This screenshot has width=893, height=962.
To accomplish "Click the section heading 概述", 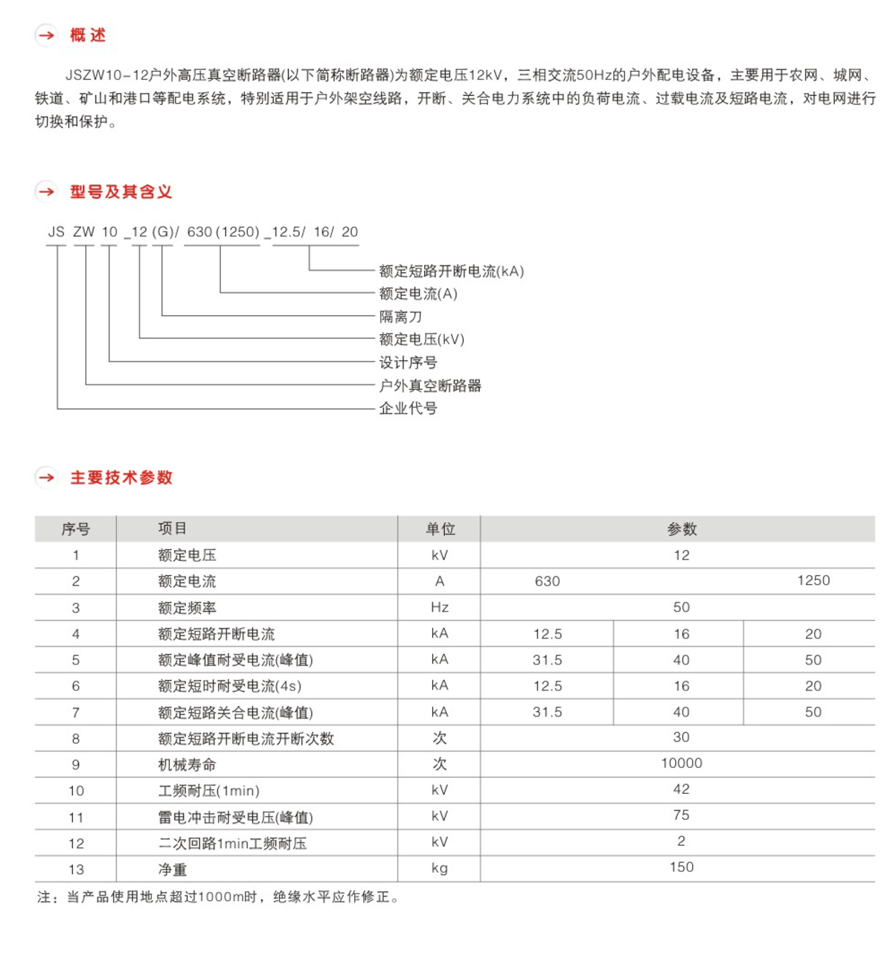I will coord(88,35).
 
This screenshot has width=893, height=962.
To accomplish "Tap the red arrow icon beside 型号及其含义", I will coord(46,192).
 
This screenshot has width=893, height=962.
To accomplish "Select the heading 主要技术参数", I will coord(121,478).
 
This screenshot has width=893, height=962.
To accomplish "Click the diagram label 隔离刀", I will coord(400,317).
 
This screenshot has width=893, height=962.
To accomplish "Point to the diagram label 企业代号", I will coord(408,408).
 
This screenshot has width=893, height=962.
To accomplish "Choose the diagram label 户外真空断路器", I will coord(430,385).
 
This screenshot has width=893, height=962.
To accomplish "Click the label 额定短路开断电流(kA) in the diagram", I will coord(451,272).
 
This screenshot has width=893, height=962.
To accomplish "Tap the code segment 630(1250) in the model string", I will coord(223,232).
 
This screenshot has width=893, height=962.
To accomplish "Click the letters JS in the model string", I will coord(57,232).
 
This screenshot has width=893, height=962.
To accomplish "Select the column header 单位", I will coord(440,529).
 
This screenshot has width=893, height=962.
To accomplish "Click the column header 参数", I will coord(681,529).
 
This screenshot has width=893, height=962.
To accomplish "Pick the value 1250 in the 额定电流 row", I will coord(813,580).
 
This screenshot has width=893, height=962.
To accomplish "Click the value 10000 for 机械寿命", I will coord(681,763).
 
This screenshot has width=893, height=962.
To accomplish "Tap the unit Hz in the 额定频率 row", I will coord(440,607).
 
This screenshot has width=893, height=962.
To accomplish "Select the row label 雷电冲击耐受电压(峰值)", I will coord(235,817).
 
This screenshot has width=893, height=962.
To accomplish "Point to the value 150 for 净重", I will coord(681,868).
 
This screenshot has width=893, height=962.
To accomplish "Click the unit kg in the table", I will coord(440,868).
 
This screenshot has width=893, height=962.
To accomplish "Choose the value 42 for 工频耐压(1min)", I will coord(681,789).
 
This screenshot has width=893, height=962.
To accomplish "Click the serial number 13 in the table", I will coord(76,869).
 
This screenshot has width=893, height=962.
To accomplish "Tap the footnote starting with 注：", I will coord(217,897).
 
